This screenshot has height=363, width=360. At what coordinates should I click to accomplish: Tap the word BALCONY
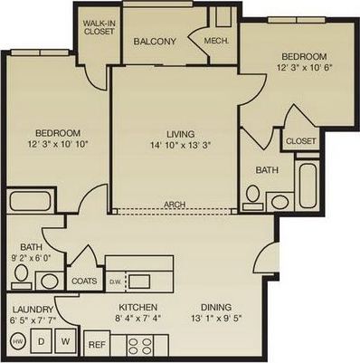(x=155, y=42)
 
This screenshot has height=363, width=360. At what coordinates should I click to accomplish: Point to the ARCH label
(x=175, y=205)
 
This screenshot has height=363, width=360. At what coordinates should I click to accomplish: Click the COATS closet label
(x=83, y=280)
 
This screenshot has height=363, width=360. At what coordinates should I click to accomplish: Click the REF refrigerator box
(x=97, y=345)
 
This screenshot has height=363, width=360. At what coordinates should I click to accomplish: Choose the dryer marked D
(x=42, y=341)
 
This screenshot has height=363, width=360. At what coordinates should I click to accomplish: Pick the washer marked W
(x=66, y=341)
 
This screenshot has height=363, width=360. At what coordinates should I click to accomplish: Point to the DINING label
(x=216, y=306)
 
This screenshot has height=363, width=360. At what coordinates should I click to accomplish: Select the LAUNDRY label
(x=32, y=306)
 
